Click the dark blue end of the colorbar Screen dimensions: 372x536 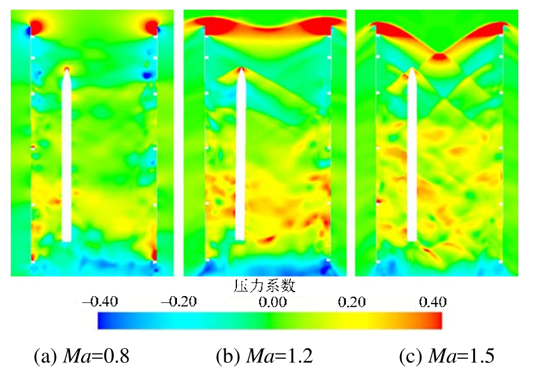tap(103, 321)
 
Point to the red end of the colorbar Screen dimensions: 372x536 tap(437, 321)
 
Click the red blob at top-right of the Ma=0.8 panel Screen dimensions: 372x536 tap(152, 26)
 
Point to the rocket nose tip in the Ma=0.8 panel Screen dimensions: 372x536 tap(67, 68)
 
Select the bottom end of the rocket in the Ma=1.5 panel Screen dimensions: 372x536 tap(412, 240)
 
